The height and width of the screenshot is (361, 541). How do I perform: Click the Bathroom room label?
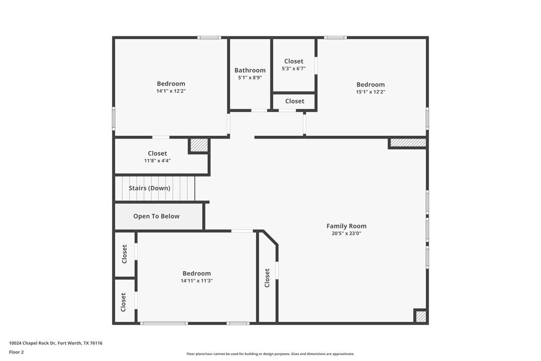(x=250, y=70)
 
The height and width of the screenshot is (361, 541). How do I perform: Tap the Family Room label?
(x=346, y=226)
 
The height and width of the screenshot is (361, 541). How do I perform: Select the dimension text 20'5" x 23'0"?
(x=346, y=234)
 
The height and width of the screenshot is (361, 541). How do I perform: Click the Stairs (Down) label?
(x=149, y=188)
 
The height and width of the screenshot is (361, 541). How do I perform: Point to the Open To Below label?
(x=156, y=216)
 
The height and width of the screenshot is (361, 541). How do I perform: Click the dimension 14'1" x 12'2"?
(x=171, y=91)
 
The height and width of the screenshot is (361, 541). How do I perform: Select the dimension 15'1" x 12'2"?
(x=371, y=92)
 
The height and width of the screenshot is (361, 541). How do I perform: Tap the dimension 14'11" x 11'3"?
(x=196, y=281)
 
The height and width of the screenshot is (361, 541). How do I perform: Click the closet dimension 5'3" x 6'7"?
(x=294, y=69)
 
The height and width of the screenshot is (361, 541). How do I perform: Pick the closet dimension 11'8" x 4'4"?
(x=157, y=161)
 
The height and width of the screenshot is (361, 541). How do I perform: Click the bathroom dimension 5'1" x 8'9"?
(x=250, y=78)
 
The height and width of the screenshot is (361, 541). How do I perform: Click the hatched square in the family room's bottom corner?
(x=420, y=316)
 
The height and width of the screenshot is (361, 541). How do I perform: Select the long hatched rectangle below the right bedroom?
(x=408, y=143)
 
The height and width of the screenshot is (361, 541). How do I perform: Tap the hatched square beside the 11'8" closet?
(x=199, y=145)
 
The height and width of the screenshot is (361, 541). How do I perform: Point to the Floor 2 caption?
(x=16, y=352)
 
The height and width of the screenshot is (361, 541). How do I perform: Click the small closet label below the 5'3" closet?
(x=294, y=101)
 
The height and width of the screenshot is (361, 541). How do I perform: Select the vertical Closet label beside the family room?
(x=267, y=278)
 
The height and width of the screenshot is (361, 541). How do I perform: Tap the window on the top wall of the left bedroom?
(x=209, y=37)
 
